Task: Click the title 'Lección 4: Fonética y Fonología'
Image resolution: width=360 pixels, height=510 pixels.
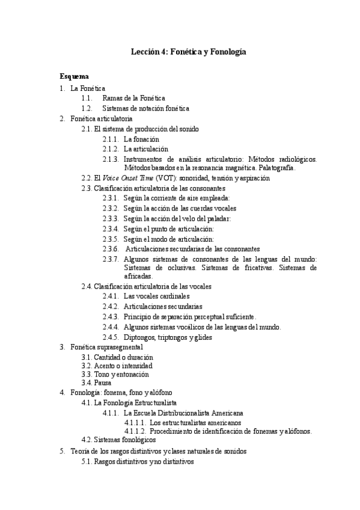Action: click(189, 52)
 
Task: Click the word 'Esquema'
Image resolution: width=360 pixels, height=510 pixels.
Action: click(75, 77)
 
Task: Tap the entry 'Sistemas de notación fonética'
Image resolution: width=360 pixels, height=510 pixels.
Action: click(146, 108)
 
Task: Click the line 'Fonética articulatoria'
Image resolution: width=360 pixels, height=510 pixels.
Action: click(101, 118)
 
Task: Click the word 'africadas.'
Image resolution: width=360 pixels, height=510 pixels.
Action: click(139, 275)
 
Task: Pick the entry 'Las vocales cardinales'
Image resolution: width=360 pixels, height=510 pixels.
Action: click(156, 296)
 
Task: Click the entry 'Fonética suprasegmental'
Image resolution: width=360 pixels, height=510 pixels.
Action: click(106, 347)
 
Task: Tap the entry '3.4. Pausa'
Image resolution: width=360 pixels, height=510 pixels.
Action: click(96, 382)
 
